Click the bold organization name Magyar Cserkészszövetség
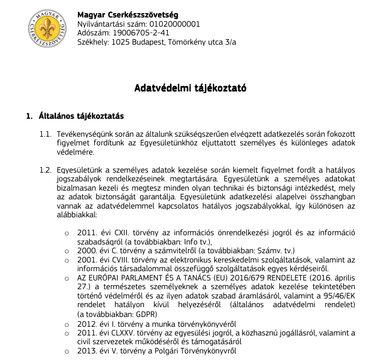click(127, 15)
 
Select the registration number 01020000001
click(173, 24)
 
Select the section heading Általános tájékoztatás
click(82, 116)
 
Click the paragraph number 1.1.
click(45, 134)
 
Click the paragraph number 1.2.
click(45, 170)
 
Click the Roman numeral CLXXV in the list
click(125, 333)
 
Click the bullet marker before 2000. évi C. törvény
click(67, 251)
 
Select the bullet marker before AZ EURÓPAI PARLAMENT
click(67, 278)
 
